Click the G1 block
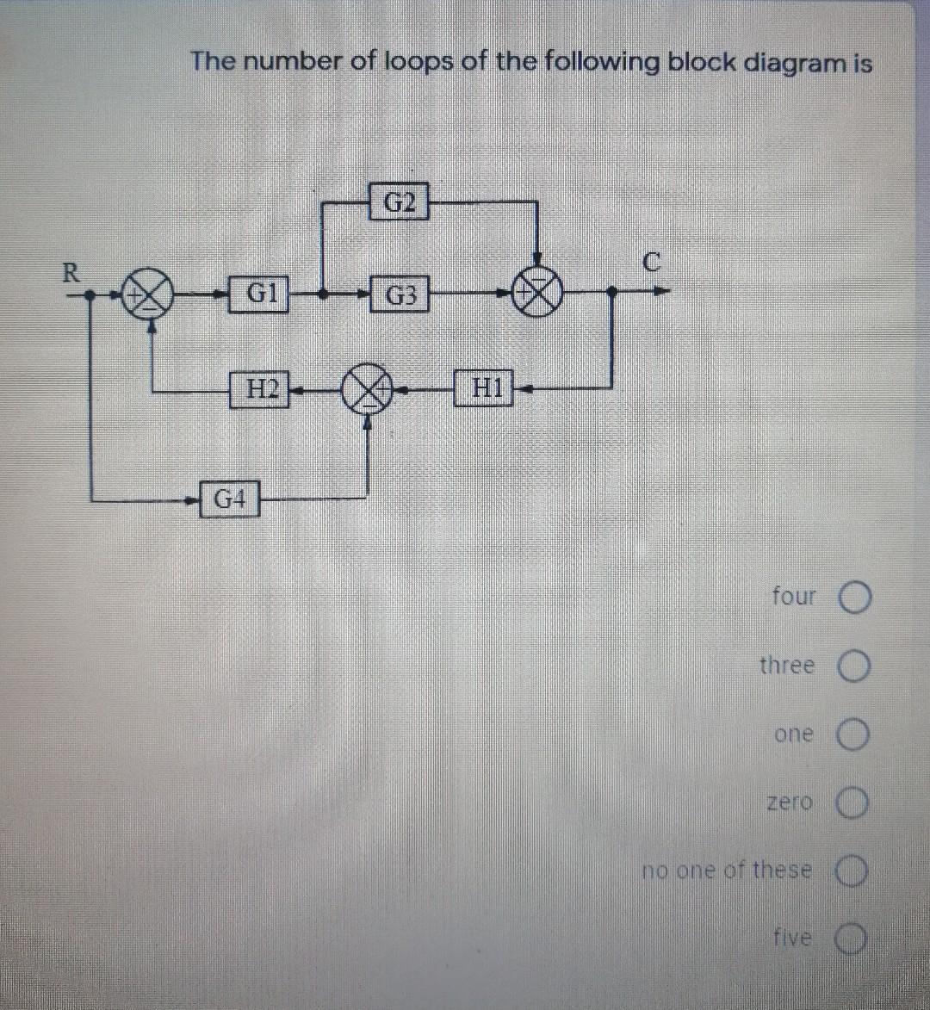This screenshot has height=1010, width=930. point(260,294)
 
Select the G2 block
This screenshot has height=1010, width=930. point(399,202)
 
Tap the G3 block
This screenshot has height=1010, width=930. point(400,295)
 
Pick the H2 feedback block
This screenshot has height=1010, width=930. point(260,388)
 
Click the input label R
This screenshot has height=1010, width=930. point(74,273)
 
